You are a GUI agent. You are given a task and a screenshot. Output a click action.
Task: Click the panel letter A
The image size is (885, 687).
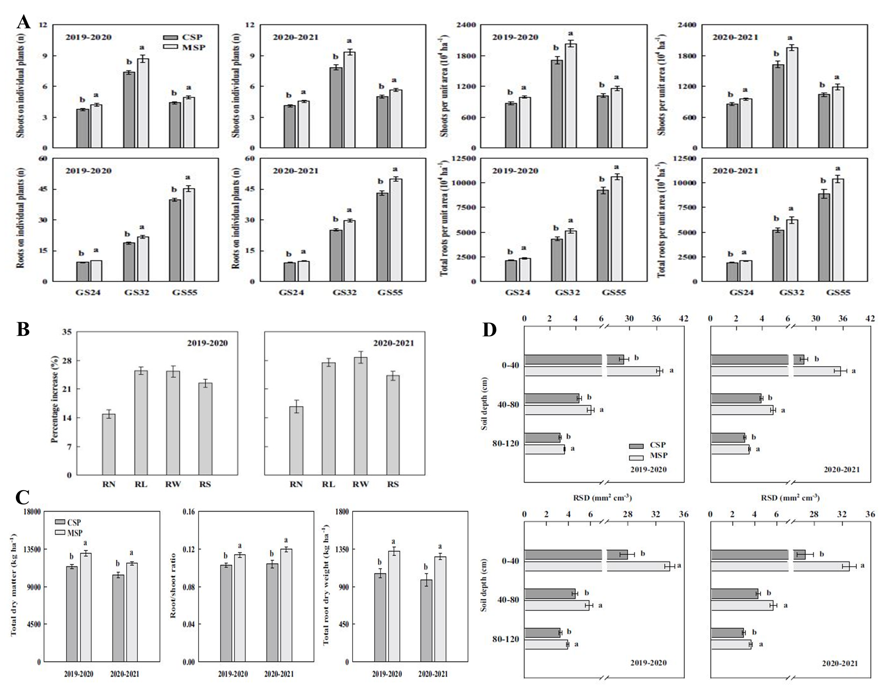[23, 21]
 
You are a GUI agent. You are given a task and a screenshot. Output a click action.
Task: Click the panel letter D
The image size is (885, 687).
[489, 330]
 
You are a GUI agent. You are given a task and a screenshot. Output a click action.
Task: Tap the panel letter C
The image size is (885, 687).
[23, 498]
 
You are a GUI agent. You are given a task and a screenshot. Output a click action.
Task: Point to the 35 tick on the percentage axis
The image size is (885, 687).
[66, 332]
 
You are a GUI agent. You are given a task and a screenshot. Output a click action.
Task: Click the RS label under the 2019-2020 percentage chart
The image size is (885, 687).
[205, 484]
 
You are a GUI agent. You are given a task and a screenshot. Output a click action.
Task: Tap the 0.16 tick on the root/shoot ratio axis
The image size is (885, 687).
[189, 512]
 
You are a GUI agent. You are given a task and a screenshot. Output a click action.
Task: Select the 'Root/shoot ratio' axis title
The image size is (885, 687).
[173, 587]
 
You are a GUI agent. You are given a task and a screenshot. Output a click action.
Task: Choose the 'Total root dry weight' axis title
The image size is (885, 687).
[325, 586]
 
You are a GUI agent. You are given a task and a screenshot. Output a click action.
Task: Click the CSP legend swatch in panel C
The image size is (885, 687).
[60, 523]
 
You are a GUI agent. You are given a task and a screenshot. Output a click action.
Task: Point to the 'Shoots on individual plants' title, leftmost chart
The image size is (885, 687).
[20, 86]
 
